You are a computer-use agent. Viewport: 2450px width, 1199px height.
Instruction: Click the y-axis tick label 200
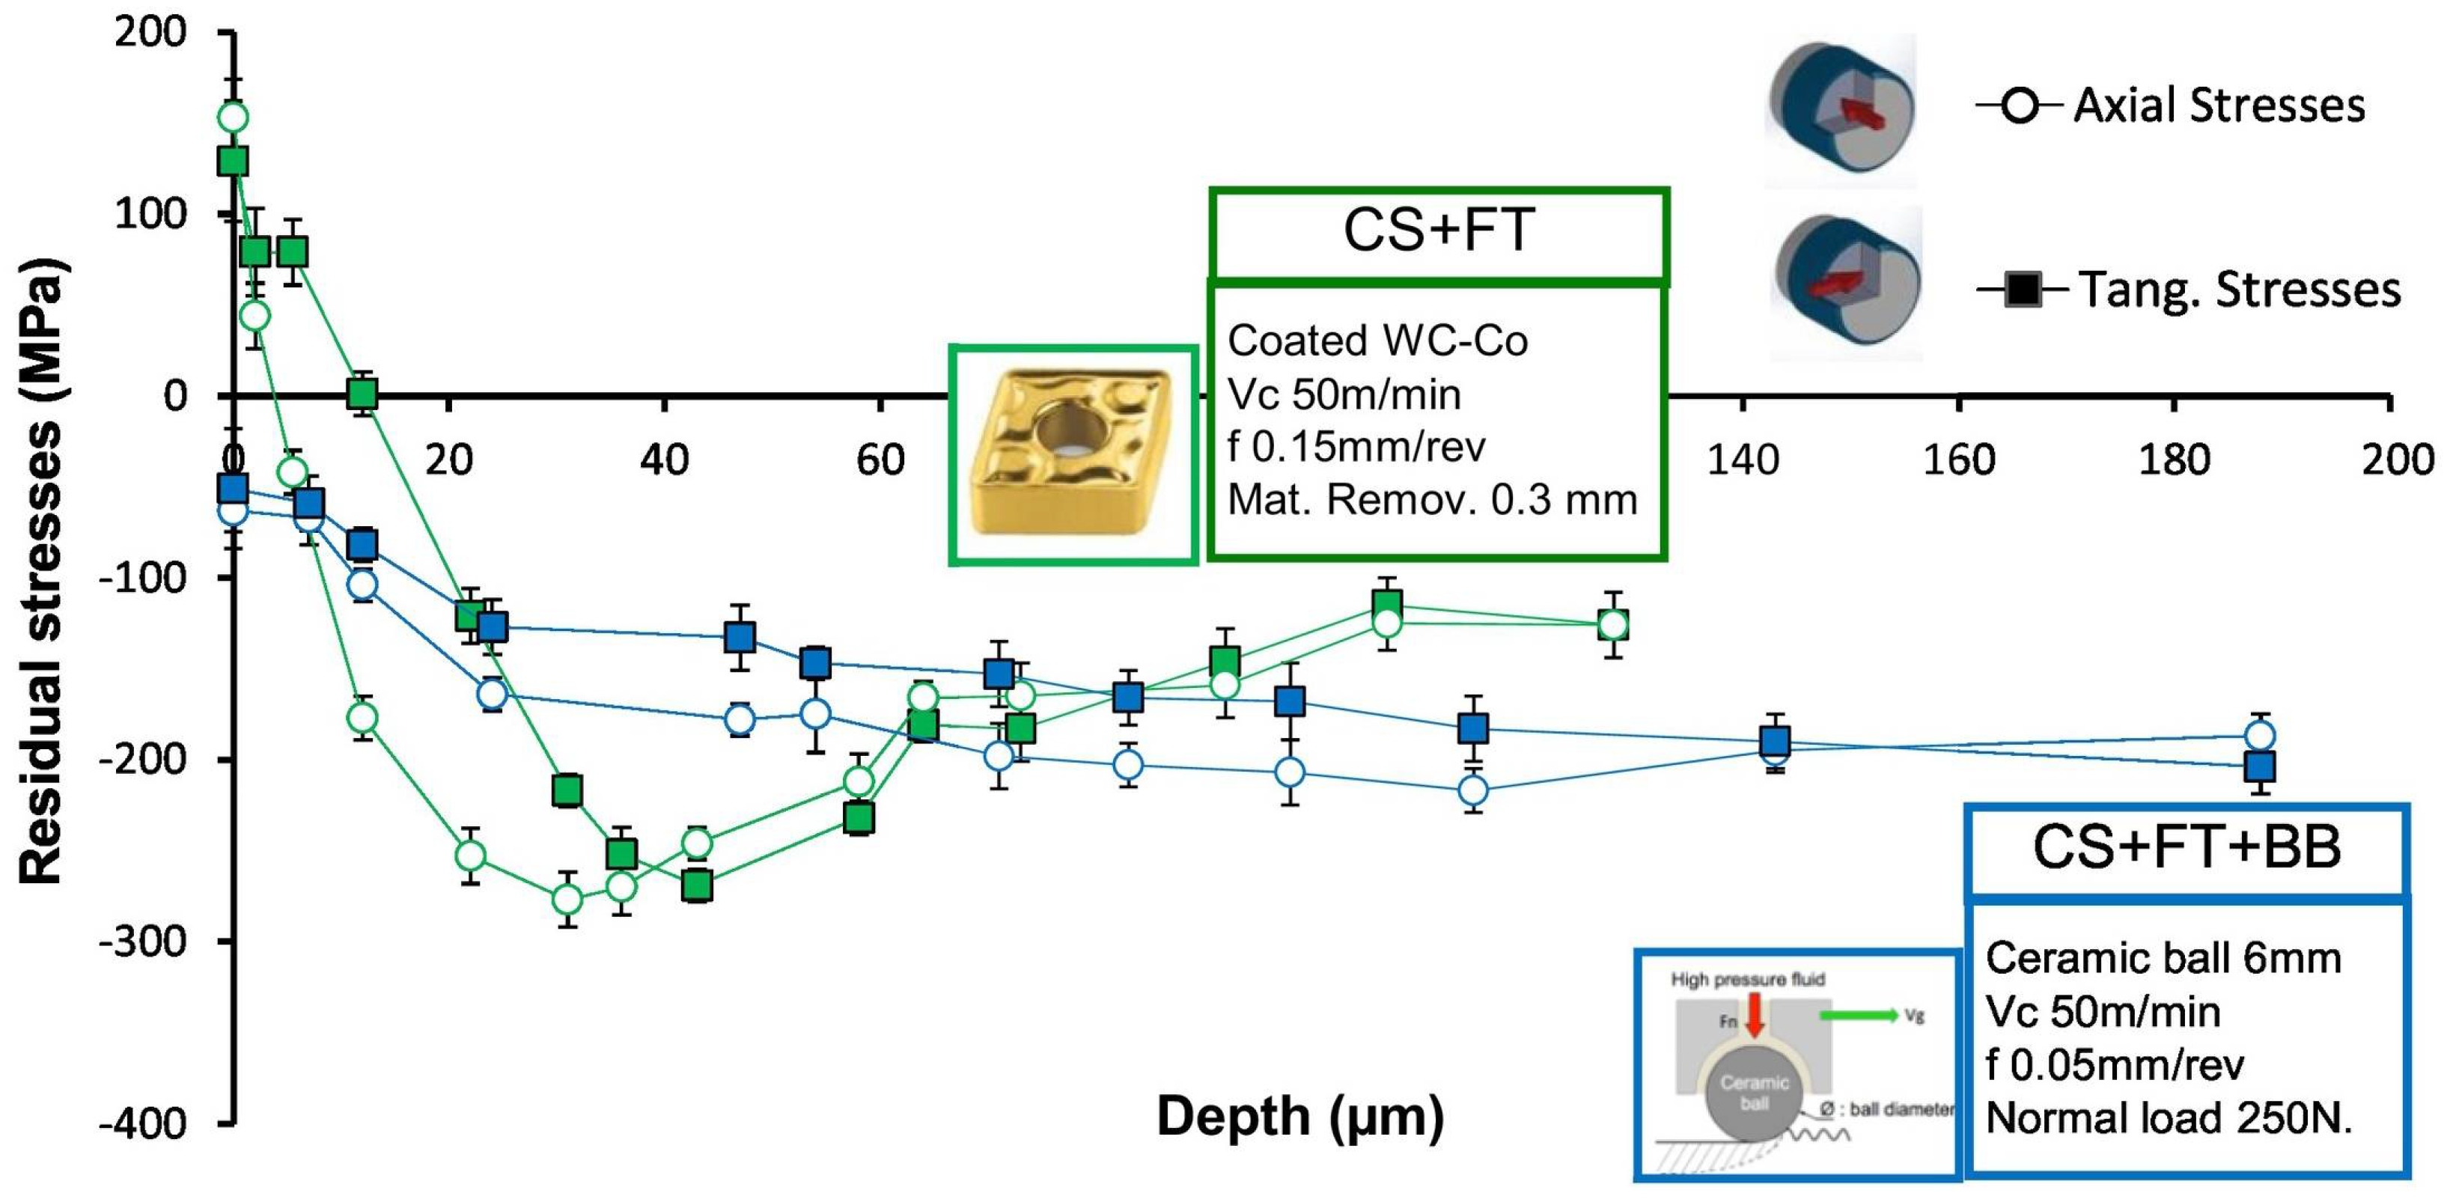(150, 32)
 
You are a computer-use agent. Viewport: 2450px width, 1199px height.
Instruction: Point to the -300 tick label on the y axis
(144, 942)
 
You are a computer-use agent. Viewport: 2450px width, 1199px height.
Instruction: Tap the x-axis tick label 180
(2175, 460)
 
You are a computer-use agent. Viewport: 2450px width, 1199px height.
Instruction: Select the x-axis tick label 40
(664, 460)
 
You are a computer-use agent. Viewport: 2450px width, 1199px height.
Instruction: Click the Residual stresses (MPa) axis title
(42, 570)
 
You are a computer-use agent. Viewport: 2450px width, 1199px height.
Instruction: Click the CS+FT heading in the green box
(1438, 230)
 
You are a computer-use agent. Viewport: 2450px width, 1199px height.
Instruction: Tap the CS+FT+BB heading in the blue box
(2187, 846)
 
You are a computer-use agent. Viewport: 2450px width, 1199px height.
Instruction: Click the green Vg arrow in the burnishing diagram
(1859, 1016)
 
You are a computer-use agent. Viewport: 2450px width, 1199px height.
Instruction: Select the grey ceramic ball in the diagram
(1754, 1093)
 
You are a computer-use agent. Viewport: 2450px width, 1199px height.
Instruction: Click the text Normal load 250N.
(2169, 1118)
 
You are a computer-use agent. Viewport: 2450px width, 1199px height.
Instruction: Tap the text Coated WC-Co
(1377, 341)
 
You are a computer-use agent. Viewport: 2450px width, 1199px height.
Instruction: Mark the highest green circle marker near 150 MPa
(233, 117)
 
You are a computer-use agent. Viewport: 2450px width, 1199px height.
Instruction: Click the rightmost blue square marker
(2260, 766)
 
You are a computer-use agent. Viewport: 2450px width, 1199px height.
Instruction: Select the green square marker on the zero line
(362, 393)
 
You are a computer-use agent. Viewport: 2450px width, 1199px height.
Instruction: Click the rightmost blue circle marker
(2260, 735)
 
